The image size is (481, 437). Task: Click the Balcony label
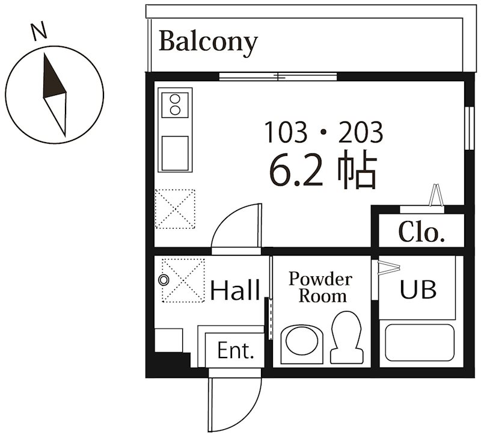coord(208,42)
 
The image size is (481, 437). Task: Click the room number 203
coord(360,132)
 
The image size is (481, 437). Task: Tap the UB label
coord(418,290)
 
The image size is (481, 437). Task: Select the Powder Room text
coord(319,287)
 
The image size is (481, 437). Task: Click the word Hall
coord(234,291)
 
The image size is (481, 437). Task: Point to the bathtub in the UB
coord(418,342)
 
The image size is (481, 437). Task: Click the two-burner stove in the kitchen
coord(176,104)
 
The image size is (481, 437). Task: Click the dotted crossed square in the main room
coord(175,209)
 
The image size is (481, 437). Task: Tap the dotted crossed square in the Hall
coord(184,279)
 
